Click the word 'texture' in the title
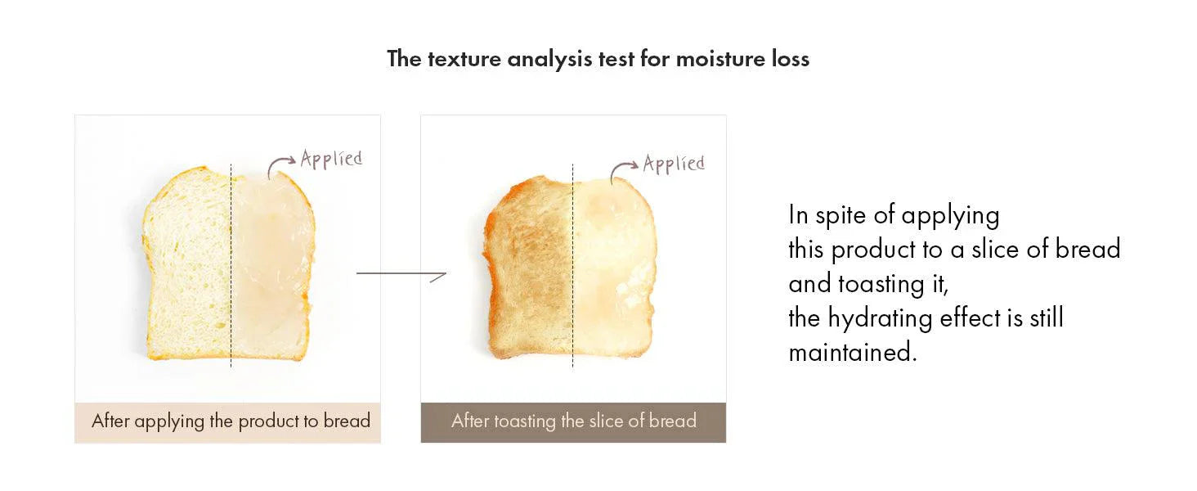click(464, 59)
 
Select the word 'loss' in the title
click(791, 59)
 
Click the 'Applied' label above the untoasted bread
click(331, 159)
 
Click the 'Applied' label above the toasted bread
click(674, 164)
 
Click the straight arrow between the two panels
click(401, 274)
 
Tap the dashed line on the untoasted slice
click(231, 265)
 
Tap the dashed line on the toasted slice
click(573, 265)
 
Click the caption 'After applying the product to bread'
click(231, 421)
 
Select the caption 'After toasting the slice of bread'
click(574, 421)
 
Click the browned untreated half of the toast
click(529, 268)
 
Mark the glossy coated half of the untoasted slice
click(272, 266)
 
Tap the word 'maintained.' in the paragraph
click(853, 353)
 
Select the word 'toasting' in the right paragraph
click(881, 285)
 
